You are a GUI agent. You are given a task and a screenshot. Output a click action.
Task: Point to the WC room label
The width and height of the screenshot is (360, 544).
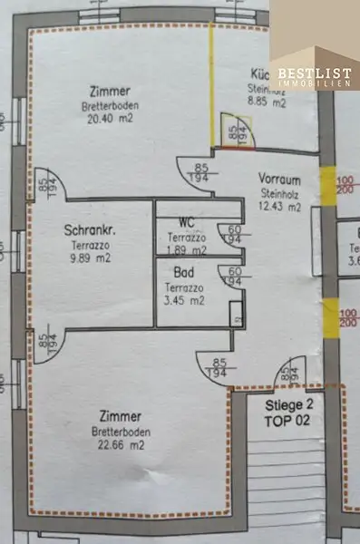[188, 222]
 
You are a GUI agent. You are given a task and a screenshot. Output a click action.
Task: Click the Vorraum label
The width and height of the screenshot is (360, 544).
[279, 179]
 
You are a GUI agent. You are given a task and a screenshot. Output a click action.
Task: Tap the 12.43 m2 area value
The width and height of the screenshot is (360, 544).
[279, 207]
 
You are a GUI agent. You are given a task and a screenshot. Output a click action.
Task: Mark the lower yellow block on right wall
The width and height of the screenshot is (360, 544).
[331, 317]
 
